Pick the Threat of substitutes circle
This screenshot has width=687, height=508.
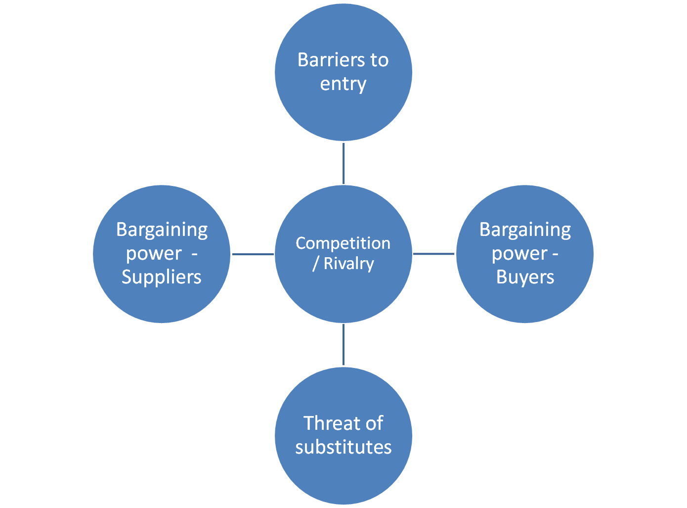tap(343, 475)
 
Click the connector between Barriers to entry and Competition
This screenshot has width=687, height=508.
tap(343, 163)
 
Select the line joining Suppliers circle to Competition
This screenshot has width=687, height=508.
tap(252, 254)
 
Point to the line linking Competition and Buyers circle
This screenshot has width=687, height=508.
tap(434, 254)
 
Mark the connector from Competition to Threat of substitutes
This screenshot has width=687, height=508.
tap(343, 345)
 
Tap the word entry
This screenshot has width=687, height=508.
tap(343, 84)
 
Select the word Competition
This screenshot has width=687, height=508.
tap(343, 243)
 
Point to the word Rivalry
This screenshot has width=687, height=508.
tap(349, 264)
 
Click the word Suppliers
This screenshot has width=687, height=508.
tap(162, 277)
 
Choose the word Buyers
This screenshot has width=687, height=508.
tap(525, 277)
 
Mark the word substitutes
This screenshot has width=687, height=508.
tap(343, 447)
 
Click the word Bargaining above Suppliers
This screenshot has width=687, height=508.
tap(162, 230)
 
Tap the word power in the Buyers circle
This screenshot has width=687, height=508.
tap(519, 254)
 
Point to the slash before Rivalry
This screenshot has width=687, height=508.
tap(315, 264)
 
